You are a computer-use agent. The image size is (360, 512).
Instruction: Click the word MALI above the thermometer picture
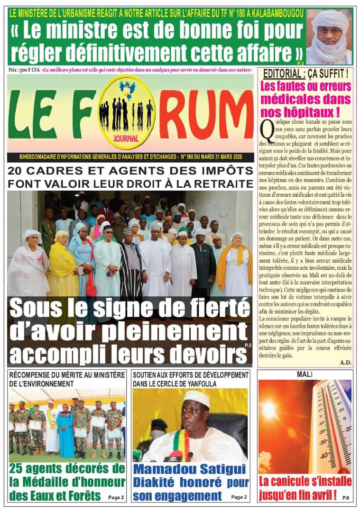(x=305, y=375)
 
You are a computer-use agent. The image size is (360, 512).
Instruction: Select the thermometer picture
(x=305, y=427)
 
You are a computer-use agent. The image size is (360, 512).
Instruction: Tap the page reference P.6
(x=345, y=498)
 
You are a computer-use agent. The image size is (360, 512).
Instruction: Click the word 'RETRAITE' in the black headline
(x=222, y=183)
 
